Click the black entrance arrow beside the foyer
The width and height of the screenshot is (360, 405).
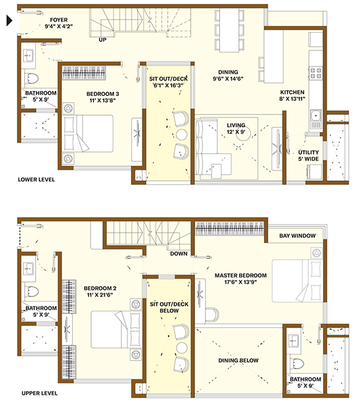tap(9, 21)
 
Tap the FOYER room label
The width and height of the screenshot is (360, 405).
tap(59, 20)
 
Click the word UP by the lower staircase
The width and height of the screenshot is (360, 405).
tap(103, 40)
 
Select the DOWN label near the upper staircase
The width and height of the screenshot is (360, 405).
tap(178, 254)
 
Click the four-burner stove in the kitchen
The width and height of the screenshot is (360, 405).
tap(316, 73)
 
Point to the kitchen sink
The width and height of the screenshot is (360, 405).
tap(316, 116)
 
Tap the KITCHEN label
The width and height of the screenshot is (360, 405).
tap(292, 92)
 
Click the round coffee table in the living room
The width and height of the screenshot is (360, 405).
tap(244, 134)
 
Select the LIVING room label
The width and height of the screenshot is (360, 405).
tap(236, 126)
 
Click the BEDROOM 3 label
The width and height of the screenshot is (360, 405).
tap(103, 94)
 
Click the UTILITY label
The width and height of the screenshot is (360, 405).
tap(308, 153)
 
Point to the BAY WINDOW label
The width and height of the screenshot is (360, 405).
tap(297, 236)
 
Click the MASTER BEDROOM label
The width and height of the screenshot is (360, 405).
tap(241, 275)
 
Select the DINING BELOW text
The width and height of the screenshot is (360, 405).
tap(238, 360)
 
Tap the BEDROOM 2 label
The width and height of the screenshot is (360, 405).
tap(100, 288)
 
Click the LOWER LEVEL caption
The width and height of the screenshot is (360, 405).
tap(36, 180)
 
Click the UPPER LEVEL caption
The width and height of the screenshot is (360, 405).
tap(39, 393)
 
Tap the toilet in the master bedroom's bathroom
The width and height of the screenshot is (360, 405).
tap(297, 363)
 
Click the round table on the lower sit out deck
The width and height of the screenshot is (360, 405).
tap(182, 134)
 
